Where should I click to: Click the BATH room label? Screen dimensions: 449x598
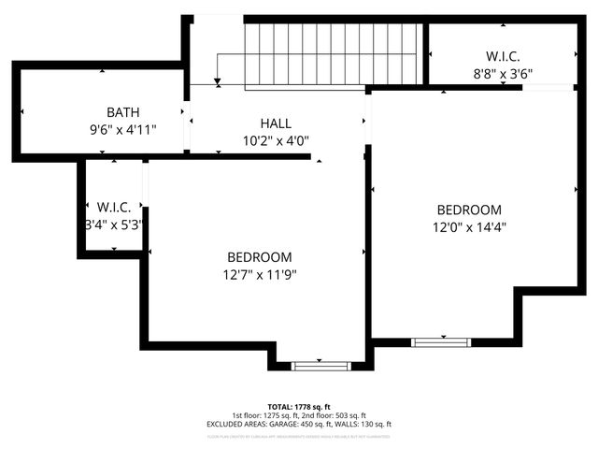tap(122, 111)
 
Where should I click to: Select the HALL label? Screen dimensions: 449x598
tap(275, 123)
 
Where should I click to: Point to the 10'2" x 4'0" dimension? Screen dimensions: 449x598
tap(275, 141)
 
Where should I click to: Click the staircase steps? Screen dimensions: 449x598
tap(332, 55)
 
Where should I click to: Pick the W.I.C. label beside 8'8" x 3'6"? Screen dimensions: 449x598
tap(504, 55)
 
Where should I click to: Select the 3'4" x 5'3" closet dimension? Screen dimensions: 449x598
tap(115, 224)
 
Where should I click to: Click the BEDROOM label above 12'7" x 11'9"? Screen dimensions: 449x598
tap(259, 257)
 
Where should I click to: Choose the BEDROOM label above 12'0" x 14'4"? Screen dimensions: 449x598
tap(468, 210)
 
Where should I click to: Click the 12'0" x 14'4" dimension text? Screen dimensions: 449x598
tap(468, 227)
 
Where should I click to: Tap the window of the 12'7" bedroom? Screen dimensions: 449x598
tap(320, 364)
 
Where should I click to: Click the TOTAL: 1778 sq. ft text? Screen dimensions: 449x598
tap(299, 407)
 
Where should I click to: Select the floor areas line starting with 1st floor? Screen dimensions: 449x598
tap(299, 415)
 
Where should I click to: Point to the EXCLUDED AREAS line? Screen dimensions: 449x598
tap(299, 424)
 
